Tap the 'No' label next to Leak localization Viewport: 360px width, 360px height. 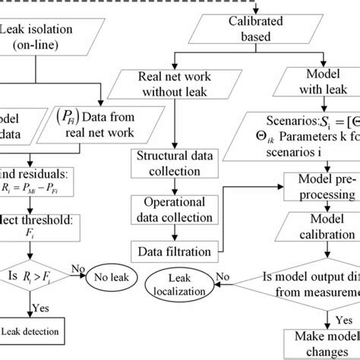click(221, 276)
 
